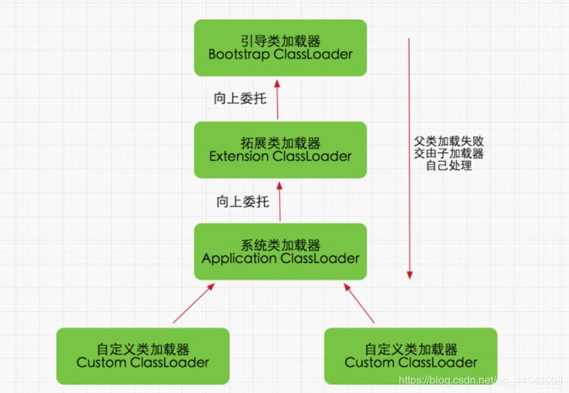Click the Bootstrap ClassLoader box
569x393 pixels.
[280, 47]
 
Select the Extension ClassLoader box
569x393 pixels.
[280, 150]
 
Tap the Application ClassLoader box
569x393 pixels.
[280, 251]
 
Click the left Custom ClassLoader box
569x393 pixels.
[143, 355]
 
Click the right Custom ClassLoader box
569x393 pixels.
[411, 355]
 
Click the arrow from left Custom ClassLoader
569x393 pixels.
[194, 303]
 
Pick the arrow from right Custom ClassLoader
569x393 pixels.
[359, 303]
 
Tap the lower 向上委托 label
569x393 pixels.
[242, 201]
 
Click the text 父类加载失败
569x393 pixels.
[448, 142]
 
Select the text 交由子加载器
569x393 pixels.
[448, 154]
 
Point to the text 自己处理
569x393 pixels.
[448, 165]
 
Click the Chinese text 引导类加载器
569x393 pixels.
[280, 40]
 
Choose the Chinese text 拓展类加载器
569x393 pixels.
[280, 142]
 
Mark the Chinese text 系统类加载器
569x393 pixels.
[280, 244]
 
